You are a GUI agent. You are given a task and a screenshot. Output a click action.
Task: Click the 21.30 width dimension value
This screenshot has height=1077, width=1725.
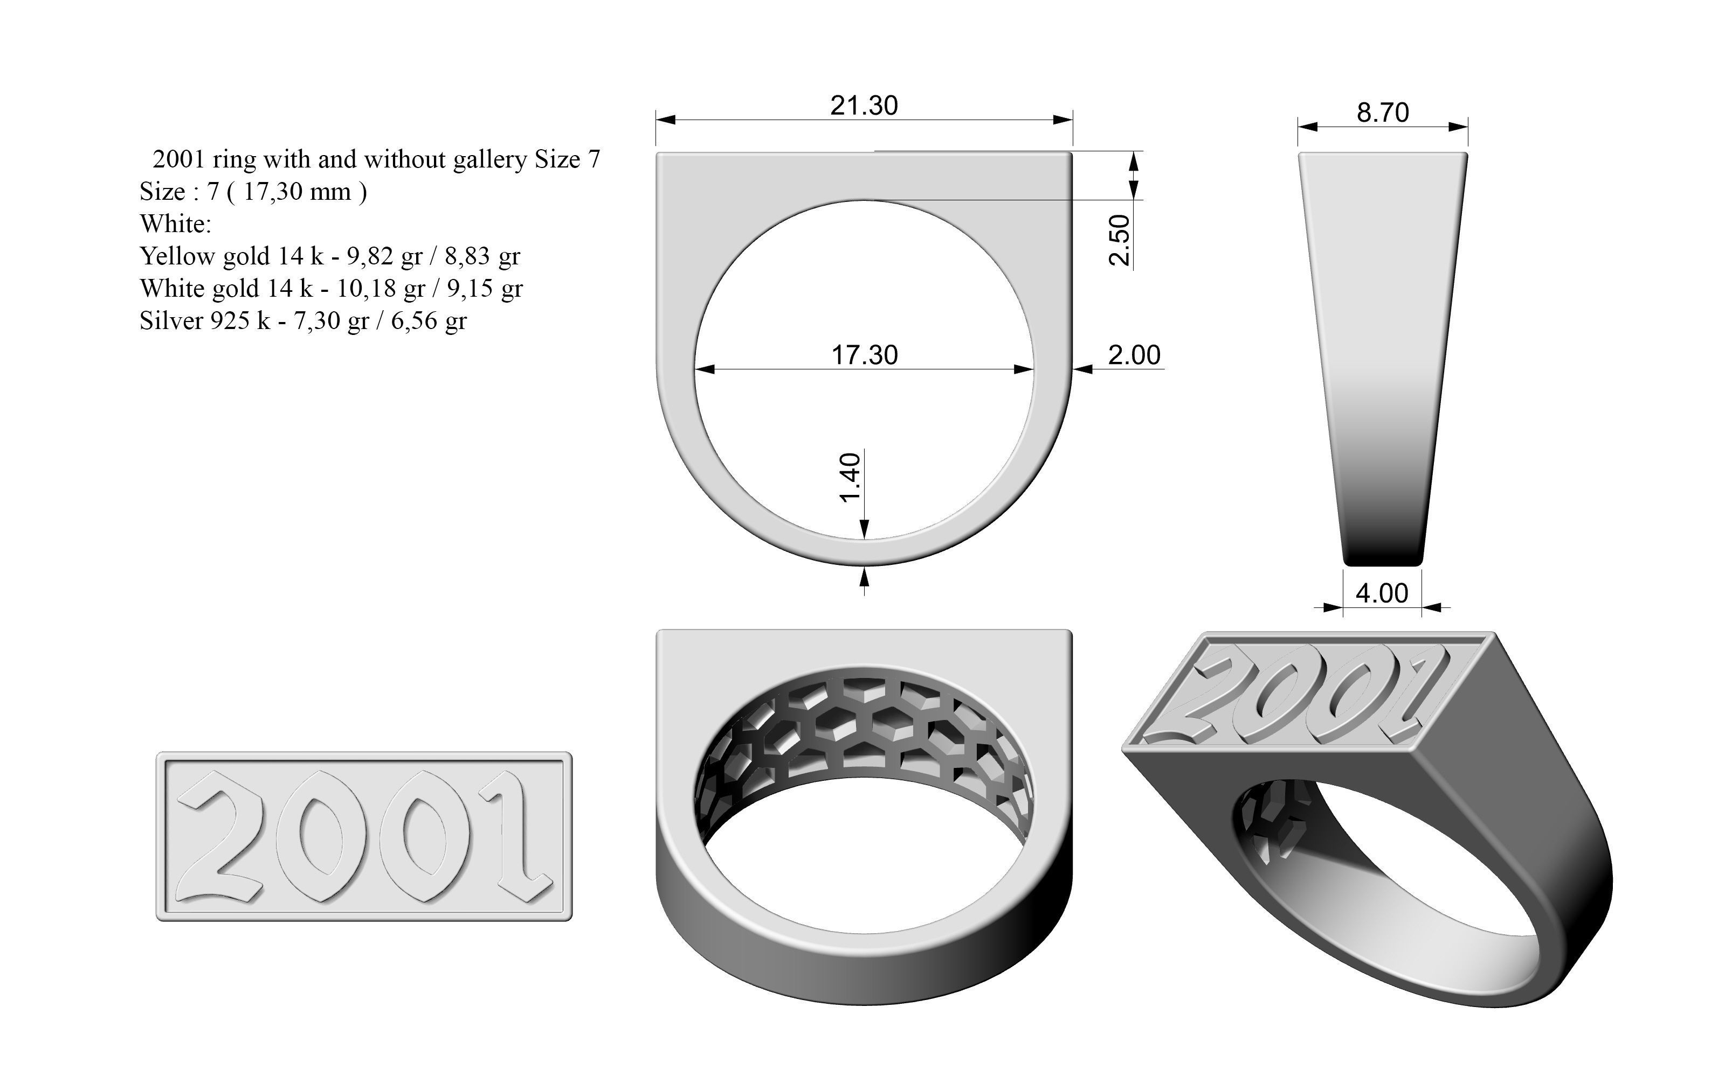pyautogui.click(x=864, y=106)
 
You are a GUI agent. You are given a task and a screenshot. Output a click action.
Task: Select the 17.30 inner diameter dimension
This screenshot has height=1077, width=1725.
pyautogui.click(x=865, y=355)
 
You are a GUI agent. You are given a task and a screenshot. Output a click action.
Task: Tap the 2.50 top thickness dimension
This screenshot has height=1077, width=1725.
pyautogui.click(x=1120, y=240)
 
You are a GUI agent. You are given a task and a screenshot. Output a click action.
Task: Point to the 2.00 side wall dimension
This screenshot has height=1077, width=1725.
pyautogui.click(x=1134, y=355)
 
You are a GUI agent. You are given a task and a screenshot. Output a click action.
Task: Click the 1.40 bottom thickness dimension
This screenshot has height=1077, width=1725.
pyautogui.click(x=851, y=477)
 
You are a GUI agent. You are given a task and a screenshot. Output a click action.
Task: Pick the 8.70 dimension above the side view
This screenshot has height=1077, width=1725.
pyautogui.click(x=1382, y=113)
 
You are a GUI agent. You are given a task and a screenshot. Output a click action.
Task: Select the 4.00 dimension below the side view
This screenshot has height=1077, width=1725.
pyautogui.click(x=1382, y=593)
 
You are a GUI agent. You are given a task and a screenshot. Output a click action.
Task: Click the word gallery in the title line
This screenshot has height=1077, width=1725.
pyautogui.click(x=489, y=159)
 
